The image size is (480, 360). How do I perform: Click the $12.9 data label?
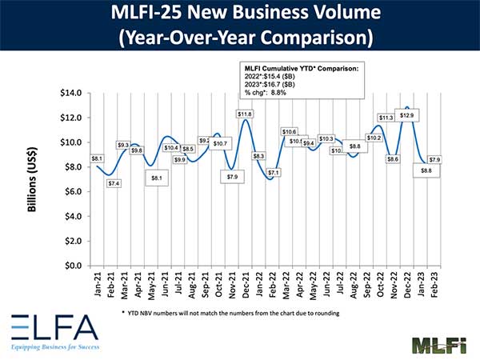click(x=407, y=116)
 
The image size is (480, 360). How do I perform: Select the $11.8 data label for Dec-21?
click(x=246, y=114)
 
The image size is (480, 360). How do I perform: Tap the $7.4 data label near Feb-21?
click(x=114, y=183)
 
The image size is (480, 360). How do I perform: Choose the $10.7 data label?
click(x=220, y=143)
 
